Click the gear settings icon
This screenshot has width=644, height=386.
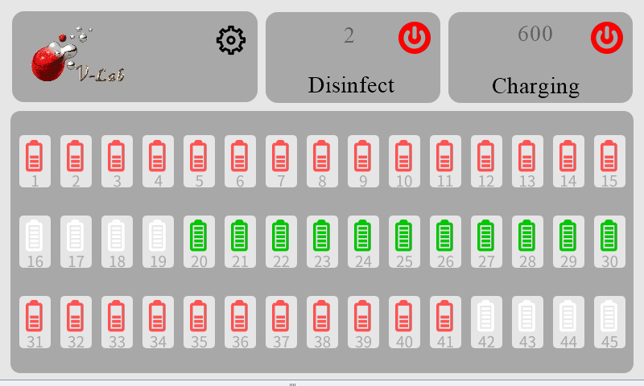pos(230,40)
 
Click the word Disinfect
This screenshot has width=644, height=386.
pos(351,84)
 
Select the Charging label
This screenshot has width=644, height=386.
pos(535,85)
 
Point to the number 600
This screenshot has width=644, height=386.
pos(535,34)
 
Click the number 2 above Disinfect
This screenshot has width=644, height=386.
pos(349,35)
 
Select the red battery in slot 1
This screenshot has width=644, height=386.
pos(35,155)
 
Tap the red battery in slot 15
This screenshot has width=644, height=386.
pos(609,155)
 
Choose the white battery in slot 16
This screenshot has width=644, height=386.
pos(35,236)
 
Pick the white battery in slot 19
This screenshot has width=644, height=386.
pos(158,236)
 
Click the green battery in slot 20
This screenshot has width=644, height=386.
pos(199,236)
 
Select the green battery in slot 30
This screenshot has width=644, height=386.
pos(609,236)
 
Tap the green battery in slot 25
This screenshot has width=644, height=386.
pos(404,236)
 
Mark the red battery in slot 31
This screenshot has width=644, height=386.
pos(35,316)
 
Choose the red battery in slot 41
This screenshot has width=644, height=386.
pos(445,316)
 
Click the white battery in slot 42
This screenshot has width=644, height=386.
pos(486,316)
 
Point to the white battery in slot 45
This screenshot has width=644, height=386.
pos(609,316)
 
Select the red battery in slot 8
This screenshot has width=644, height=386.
pos(322,155)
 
